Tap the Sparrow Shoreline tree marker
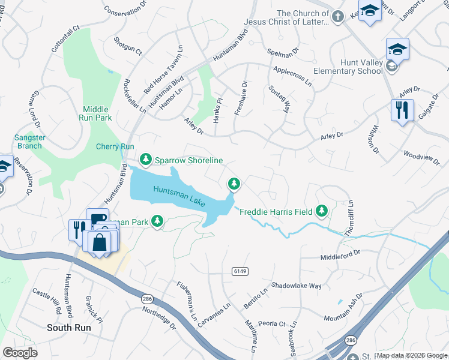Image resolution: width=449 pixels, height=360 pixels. [145, 160]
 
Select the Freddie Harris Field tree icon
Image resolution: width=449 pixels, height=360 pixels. [322, 211]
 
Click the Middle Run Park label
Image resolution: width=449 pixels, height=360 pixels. [95, 113]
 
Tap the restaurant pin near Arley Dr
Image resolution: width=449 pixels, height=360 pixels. [402, 110]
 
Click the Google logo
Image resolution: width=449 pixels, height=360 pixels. [20, 353]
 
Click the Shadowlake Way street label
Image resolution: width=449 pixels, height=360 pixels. [297, 286]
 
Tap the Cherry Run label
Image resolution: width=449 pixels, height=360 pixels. [115, 146]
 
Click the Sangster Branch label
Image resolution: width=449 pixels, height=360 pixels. [28, 142]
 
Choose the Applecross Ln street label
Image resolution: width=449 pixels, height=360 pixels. [292, 74]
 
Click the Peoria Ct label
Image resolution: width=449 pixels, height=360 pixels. [273, 323]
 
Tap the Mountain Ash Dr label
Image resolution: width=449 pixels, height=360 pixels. [343, 307]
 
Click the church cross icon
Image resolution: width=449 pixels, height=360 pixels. [338, 17]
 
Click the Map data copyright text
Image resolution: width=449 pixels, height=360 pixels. [411, 355]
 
